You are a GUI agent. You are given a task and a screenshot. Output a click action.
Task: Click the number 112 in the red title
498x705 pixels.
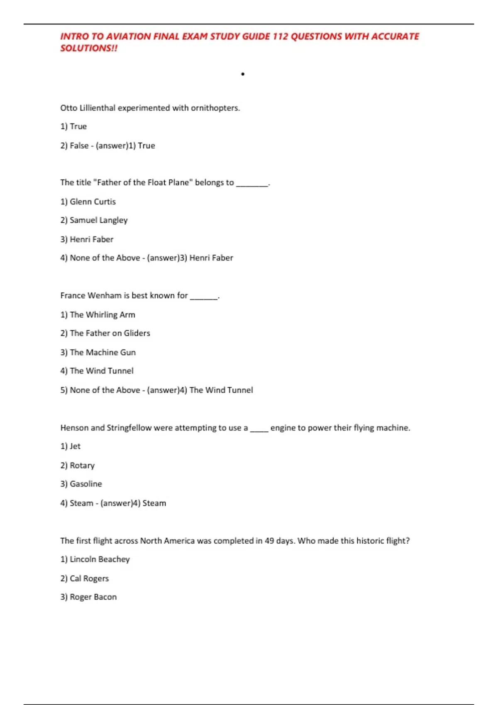(x=280, y=36)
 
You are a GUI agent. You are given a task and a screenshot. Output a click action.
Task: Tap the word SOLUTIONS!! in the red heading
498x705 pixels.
(x=89, y=48)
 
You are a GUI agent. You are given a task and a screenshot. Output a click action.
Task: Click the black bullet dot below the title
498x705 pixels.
(x=243, y=74)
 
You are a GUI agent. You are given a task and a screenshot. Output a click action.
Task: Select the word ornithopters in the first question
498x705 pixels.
(x=215, y=108)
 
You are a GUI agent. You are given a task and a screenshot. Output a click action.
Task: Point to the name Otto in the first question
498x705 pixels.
(x=69, y=108)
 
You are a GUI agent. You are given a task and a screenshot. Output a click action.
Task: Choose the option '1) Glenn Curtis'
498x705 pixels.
(x=88, y=202)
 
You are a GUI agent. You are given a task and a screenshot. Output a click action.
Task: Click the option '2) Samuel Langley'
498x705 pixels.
(x=94, y=220)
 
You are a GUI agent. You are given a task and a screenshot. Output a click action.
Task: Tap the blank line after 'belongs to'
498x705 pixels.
(x=252, y=183)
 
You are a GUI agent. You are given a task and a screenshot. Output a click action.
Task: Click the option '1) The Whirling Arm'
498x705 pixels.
(x=98, y=315)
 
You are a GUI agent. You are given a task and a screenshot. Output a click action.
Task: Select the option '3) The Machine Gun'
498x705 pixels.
(x=98, y=352)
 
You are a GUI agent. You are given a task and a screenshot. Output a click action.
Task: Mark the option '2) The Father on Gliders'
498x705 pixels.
(x=105, y=333)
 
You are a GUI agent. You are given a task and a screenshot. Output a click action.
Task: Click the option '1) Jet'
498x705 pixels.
(x=71, y=446)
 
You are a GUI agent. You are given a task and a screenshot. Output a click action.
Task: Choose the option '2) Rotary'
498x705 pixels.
(x=78, y=465)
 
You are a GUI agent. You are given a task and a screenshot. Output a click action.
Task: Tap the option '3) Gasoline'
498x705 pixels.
(x=81, y=484)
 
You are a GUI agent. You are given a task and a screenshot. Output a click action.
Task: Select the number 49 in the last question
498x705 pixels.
(x=269, y=541)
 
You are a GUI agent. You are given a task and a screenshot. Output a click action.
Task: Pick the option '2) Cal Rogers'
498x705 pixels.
(x=85, y=579)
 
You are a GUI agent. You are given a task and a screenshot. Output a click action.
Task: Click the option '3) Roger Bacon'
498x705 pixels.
(x=88, y=597)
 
